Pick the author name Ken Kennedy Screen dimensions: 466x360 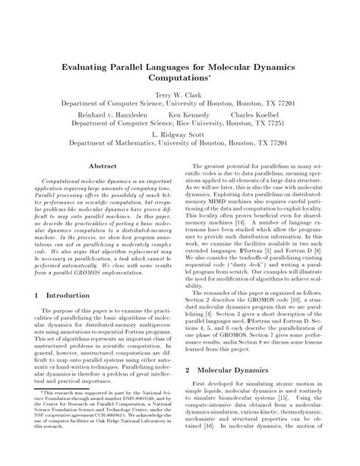click(x=185, y=113)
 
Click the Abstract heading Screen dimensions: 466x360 click(x=103, y=164)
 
